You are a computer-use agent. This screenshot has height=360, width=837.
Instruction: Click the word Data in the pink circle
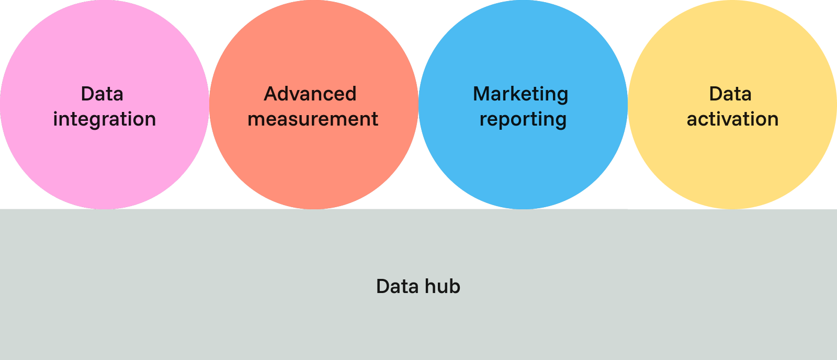pyautogui.click(x=102, y=94)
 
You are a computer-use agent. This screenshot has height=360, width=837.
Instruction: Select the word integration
pyautogui.click(x=105, y=119)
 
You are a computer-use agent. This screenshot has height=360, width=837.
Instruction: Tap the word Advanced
pyautogui.click(x=310, y=94)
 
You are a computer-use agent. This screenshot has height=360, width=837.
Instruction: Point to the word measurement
pyautogui.click(x=313, y=119)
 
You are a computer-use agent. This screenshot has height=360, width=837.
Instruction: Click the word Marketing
pyautogui.click(x=521, y=94)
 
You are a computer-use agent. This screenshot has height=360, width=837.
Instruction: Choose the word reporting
pyautogui.click(x=523, y=120)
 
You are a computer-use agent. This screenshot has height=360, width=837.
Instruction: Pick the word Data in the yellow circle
pyautogui.click(x=730, y=94)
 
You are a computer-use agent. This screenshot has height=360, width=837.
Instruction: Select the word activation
pyautogui.click(x=732, y=119)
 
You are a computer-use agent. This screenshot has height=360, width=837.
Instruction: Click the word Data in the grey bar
pyautogui.click(x=397, y=287)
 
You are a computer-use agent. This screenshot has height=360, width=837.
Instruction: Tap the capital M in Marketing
pyautogui.click(x=481, y=94)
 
